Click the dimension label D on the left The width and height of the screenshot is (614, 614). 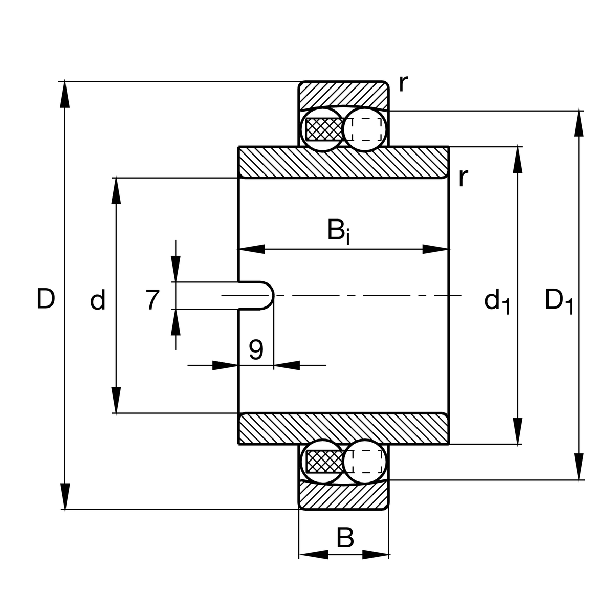coord(46,299)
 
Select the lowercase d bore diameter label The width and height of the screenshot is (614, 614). coord(97,300)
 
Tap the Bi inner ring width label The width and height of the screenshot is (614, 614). coord(339,231)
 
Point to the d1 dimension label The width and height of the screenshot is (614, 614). coord(497,301)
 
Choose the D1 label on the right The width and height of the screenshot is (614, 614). coord(558,301)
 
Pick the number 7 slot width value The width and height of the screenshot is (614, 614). coord(152,300)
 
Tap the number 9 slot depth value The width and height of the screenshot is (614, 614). coord(256,350)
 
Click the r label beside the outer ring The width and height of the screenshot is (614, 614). coord(403,83)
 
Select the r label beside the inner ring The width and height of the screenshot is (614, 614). coord(463,177)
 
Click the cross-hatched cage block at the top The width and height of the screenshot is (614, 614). coord(323,129)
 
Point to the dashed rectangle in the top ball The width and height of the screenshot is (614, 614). coord(367,129)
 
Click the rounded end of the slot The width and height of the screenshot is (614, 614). coord(269,296)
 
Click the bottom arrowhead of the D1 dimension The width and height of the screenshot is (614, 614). coord(579,468)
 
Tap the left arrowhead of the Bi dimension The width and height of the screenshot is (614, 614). coord(251,249)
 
